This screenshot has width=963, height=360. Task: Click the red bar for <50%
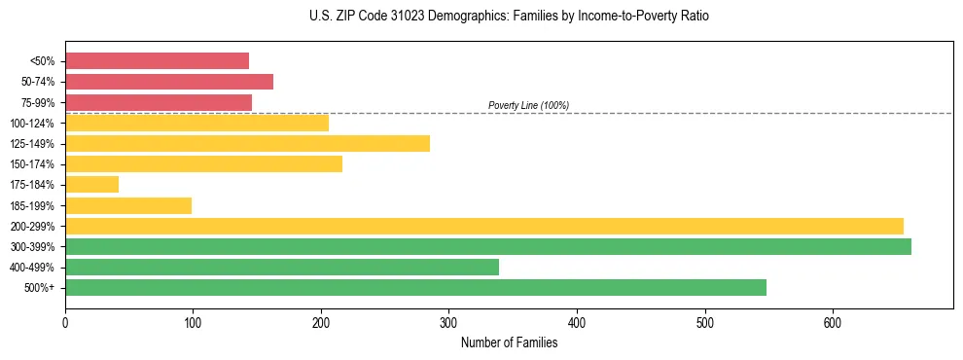(157, 61)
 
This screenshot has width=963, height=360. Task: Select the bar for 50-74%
(169, 82)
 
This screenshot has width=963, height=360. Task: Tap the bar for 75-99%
(159, 102)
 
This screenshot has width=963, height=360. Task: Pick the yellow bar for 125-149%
(247, 144)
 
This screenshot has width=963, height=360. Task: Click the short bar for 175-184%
(91, 185)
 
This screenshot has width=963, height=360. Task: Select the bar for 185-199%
(128, 205)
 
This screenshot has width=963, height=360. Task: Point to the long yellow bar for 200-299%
(483, 226)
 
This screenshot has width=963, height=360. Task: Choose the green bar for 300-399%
(487, 246)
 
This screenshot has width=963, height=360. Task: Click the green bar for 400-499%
(282, 267)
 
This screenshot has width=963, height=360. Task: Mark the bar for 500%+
(415, 287)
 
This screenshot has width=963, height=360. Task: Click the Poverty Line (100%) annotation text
(528, 105)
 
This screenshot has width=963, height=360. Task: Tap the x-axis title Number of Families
(509, 342)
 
